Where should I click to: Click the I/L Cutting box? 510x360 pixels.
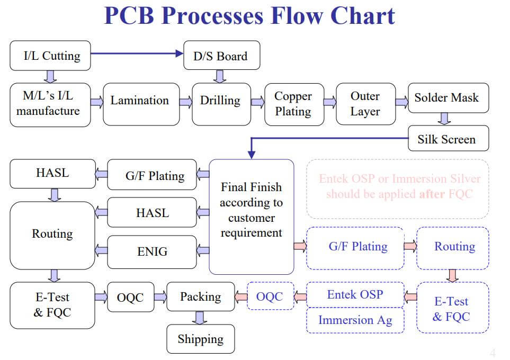[50, 56]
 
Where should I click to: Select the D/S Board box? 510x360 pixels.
[221, 56]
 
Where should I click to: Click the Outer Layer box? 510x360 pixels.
[365, 104]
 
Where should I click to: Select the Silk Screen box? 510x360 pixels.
[448, 139]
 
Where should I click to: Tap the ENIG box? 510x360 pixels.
[151, 252]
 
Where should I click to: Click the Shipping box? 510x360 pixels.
[200, 339]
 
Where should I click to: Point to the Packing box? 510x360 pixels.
[200, 296]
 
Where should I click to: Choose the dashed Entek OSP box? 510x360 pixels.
[355, 294]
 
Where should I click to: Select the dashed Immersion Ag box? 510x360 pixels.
[355, 320]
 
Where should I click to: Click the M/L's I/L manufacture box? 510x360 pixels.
[50, 104]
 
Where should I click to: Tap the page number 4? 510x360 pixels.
[493, 353]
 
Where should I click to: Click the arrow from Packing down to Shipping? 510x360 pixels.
[200, 318]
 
